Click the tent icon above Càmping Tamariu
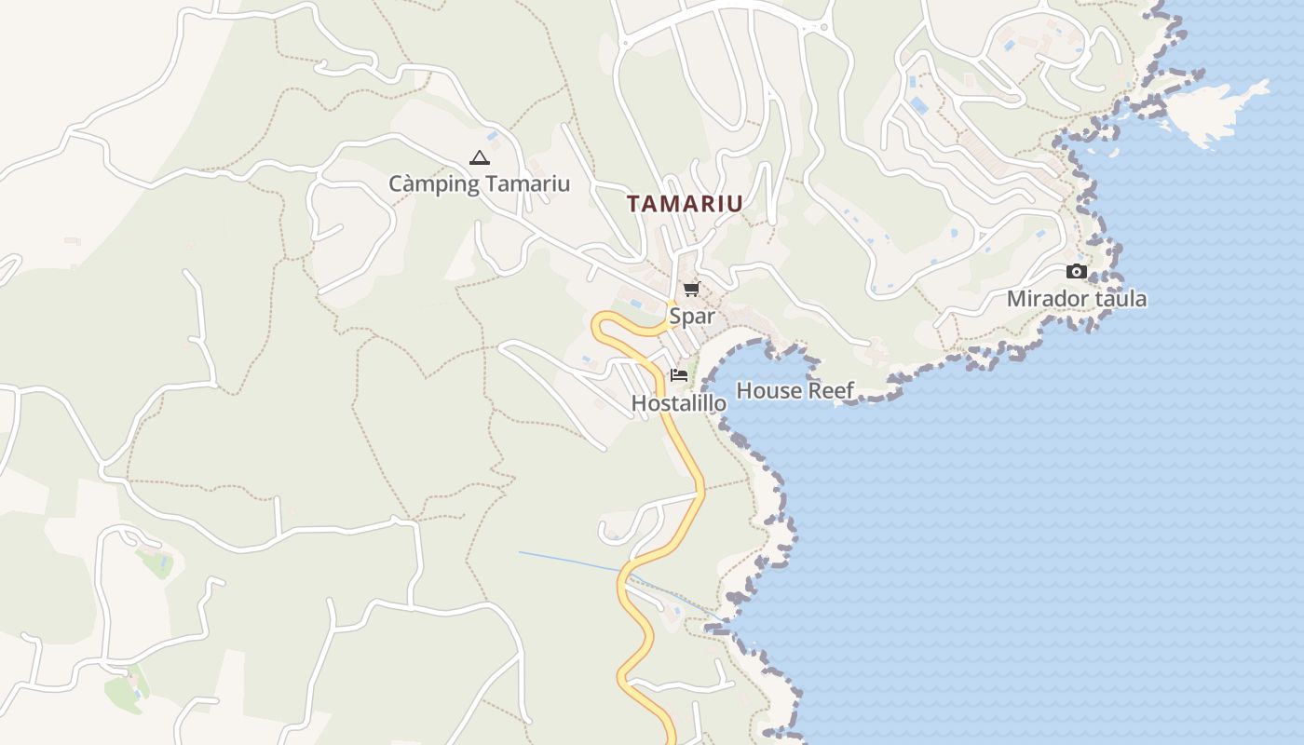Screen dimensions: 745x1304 (479, 158)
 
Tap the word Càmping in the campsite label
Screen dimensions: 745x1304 (434, 184)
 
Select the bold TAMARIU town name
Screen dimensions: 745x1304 (685, 204)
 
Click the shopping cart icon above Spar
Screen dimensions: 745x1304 (691, 290)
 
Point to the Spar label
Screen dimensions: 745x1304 (692, 317)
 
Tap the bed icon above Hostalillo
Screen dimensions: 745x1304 (679, 375)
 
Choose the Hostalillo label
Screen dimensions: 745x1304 (679, 403)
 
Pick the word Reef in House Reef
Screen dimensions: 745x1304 (830, 391)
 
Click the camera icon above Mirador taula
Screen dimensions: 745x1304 (1077, 272)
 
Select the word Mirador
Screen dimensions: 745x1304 (1047, 299)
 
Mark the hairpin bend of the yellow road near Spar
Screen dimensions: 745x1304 (599, 325)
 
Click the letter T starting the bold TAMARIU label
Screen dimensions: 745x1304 (634, 204)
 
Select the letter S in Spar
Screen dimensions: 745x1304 (675, 317)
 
